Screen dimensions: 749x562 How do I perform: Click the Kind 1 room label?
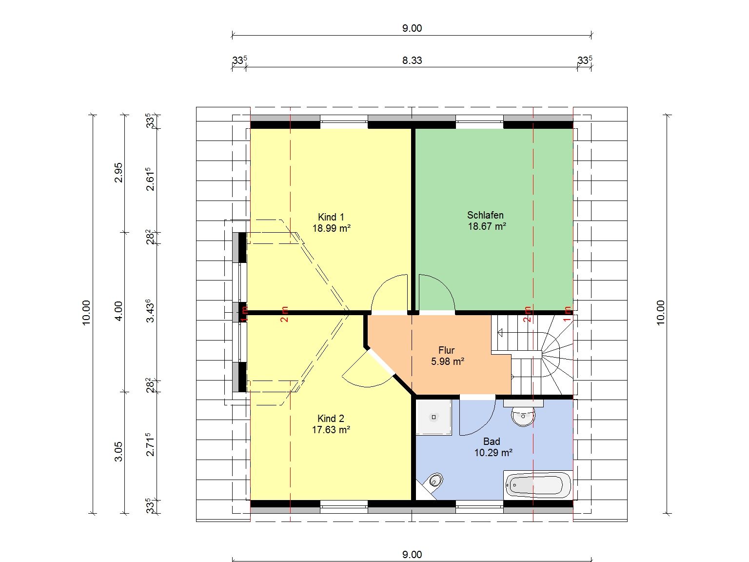tap(331, 217)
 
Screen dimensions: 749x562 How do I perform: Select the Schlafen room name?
tap(485, 215)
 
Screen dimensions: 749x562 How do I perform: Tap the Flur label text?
tap(446, 350)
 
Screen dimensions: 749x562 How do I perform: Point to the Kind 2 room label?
tap(331, 419)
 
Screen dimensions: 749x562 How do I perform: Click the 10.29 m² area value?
tap(493, 452)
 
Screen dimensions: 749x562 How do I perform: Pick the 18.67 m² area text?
tap(487, 226)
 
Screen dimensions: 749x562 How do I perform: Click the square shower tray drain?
tap(434, 417)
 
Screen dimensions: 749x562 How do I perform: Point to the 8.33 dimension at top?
tap(412, 60)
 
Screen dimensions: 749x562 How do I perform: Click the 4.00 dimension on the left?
tap(118, 311)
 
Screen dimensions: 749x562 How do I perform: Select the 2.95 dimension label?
tap(118, 173)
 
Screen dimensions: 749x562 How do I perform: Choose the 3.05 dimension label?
tap(118, 451)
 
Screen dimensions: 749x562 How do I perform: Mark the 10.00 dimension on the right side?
tap(661, 313)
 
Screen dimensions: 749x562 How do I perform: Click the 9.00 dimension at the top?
tap(412, 28)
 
